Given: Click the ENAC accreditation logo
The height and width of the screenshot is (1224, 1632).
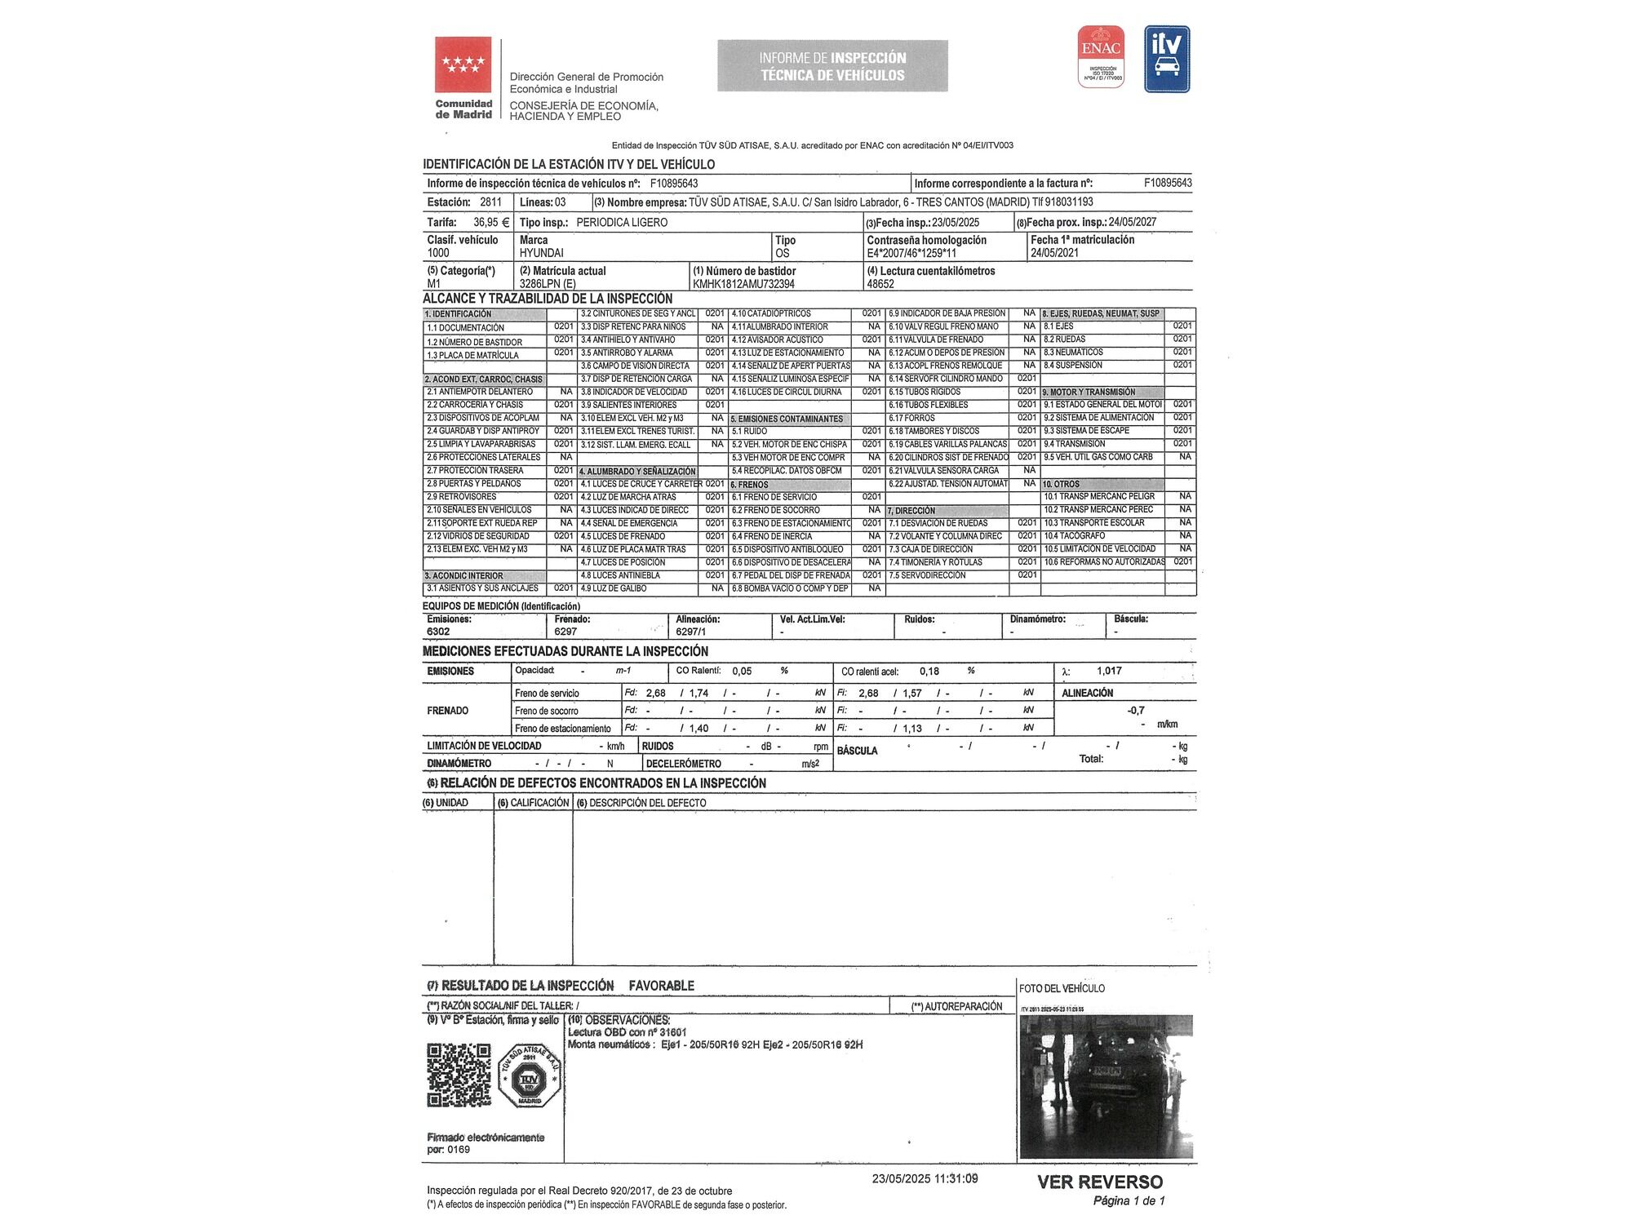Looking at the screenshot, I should [x=1101, y=56].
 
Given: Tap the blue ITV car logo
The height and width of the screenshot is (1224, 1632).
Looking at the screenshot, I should [x=1167, y=59].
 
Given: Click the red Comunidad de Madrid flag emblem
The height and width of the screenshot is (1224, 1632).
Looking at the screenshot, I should [x=463, y=64].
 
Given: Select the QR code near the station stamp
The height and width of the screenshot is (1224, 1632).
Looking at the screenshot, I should [x=459, y=1075].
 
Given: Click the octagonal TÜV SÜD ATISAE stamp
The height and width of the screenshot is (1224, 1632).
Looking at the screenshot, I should [x=530, y=1075].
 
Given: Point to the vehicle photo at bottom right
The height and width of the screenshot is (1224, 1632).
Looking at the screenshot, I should [x=1106, y=1086].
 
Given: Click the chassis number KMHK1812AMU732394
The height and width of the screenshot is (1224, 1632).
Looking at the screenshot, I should [x=743, y=284].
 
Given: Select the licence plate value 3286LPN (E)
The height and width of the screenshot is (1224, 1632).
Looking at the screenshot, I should [x=548, y=284].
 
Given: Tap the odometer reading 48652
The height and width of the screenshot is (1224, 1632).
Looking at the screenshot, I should [x=880, y=284].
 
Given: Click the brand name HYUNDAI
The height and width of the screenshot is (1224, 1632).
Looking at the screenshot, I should [x=542, y=253].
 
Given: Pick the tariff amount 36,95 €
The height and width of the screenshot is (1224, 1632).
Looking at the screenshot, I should [x=491, y=222].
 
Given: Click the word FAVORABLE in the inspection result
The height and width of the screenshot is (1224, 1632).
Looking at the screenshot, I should [x=661, y=986].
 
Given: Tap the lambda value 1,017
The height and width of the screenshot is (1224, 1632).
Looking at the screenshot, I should [x=1109, y=671].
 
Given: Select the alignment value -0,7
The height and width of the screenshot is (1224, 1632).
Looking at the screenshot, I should [x=1135, y=710].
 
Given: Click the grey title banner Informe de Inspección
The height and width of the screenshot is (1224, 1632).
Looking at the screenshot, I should [x=832, y=66].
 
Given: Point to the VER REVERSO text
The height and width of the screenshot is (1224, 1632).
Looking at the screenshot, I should [x=1099, y=1182].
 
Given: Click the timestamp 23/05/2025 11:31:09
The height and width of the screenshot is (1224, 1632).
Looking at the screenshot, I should [x=925, y=1178].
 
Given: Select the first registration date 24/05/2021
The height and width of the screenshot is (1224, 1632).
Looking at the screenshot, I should [x=1054, y=253].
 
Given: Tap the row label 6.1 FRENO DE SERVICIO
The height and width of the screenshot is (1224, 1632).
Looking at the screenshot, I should [x=774, y=497].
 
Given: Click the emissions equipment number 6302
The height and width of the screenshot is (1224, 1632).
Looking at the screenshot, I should [x=438, y=632].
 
